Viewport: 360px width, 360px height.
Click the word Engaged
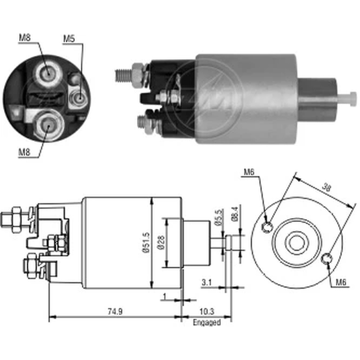(207, 323)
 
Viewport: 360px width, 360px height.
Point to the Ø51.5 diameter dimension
(145, 243)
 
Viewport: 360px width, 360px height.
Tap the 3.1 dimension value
(206, 283)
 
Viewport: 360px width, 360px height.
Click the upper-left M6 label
(249, 172)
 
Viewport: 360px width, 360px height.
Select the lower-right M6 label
(341, 283)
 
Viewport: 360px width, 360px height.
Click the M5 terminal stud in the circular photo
(79, 97)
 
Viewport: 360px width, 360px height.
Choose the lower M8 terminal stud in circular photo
(48, 125)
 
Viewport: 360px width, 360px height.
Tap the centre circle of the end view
(296, 243)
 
